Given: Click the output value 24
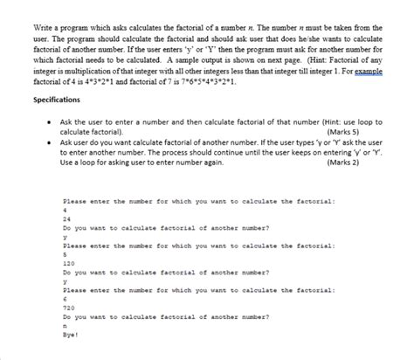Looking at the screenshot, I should tap(67, 219).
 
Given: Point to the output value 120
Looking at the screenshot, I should tap(70, 262).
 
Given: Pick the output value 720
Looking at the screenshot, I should tap(70, 307).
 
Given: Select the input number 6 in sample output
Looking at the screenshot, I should tap(65, 298).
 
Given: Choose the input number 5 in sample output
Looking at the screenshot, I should tap(65, 254).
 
